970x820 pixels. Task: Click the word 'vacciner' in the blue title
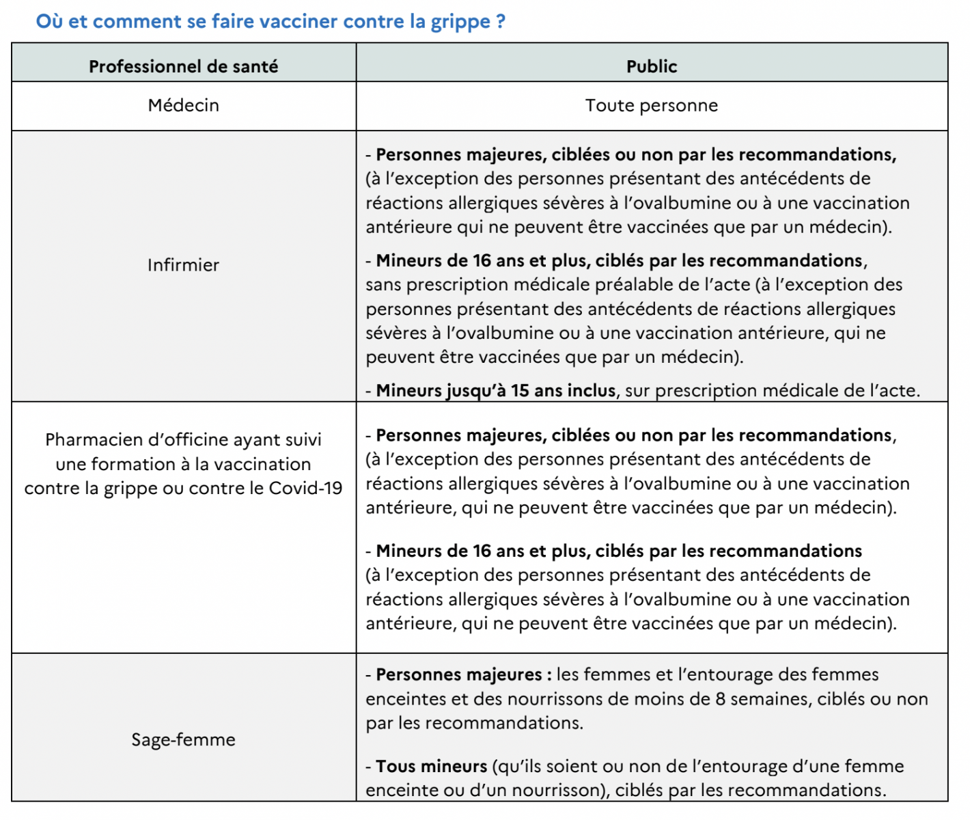pos(299,21)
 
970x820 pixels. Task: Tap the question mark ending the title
pos(501,21)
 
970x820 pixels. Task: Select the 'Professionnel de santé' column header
pos(183,66)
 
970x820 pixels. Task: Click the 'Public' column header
pos(652,66)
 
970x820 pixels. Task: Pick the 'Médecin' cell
pos(183,105)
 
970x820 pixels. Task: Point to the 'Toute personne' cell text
pos(652,105)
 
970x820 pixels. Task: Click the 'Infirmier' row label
pos(183,265)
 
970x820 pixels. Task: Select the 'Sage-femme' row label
pos(183,739)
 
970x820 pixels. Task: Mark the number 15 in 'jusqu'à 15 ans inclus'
pos(520,391)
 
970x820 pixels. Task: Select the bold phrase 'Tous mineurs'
pos(431,767)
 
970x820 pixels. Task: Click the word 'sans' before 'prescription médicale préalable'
pos(383,285)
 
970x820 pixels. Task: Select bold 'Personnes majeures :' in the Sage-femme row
pos(463,675)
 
